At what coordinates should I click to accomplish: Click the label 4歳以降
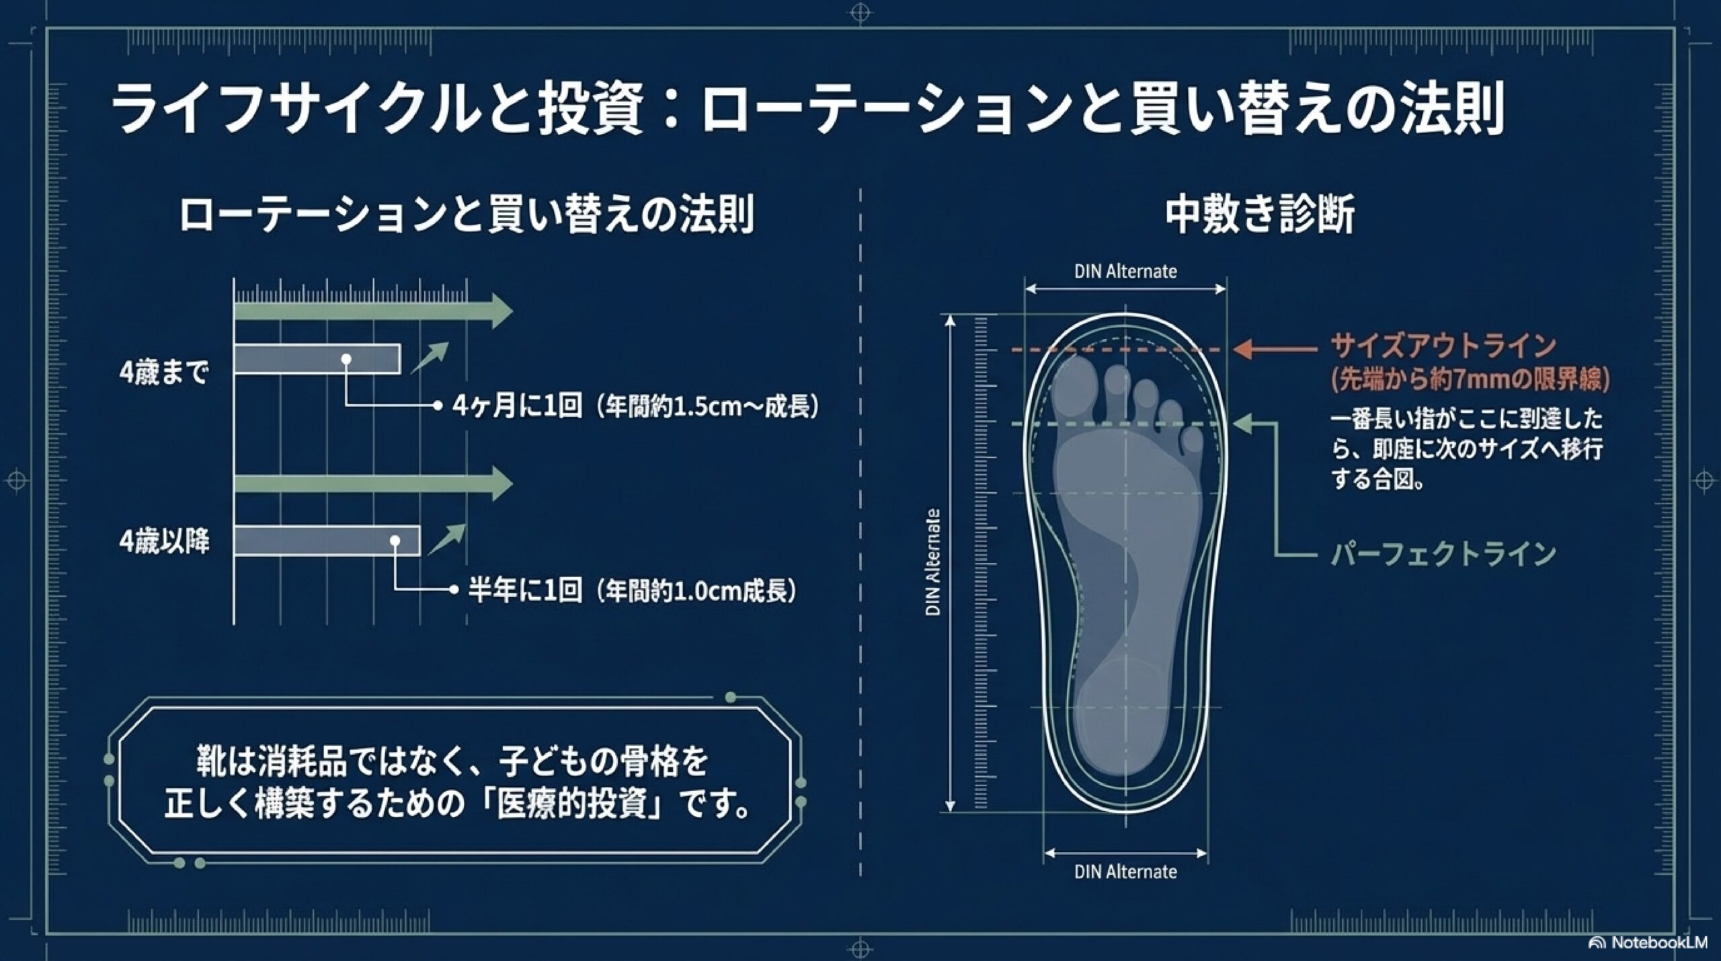[x=164, y=541]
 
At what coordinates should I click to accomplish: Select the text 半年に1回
[x=524, y=591]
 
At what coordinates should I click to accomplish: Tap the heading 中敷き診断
[x=1259, y=215]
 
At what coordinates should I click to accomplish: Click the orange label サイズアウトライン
[x=1443, y=347]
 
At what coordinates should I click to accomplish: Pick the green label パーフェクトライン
[x=1443, y=553]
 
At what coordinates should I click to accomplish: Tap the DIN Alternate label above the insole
[x=1125, y=272]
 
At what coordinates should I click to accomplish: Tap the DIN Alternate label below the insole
[x=1125, y=872]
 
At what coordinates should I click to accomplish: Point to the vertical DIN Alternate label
[x=933, y=562]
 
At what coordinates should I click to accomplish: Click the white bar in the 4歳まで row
[x=317, y=359]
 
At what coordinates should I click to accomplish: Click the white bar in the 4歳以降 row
[x=327, y=541]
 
